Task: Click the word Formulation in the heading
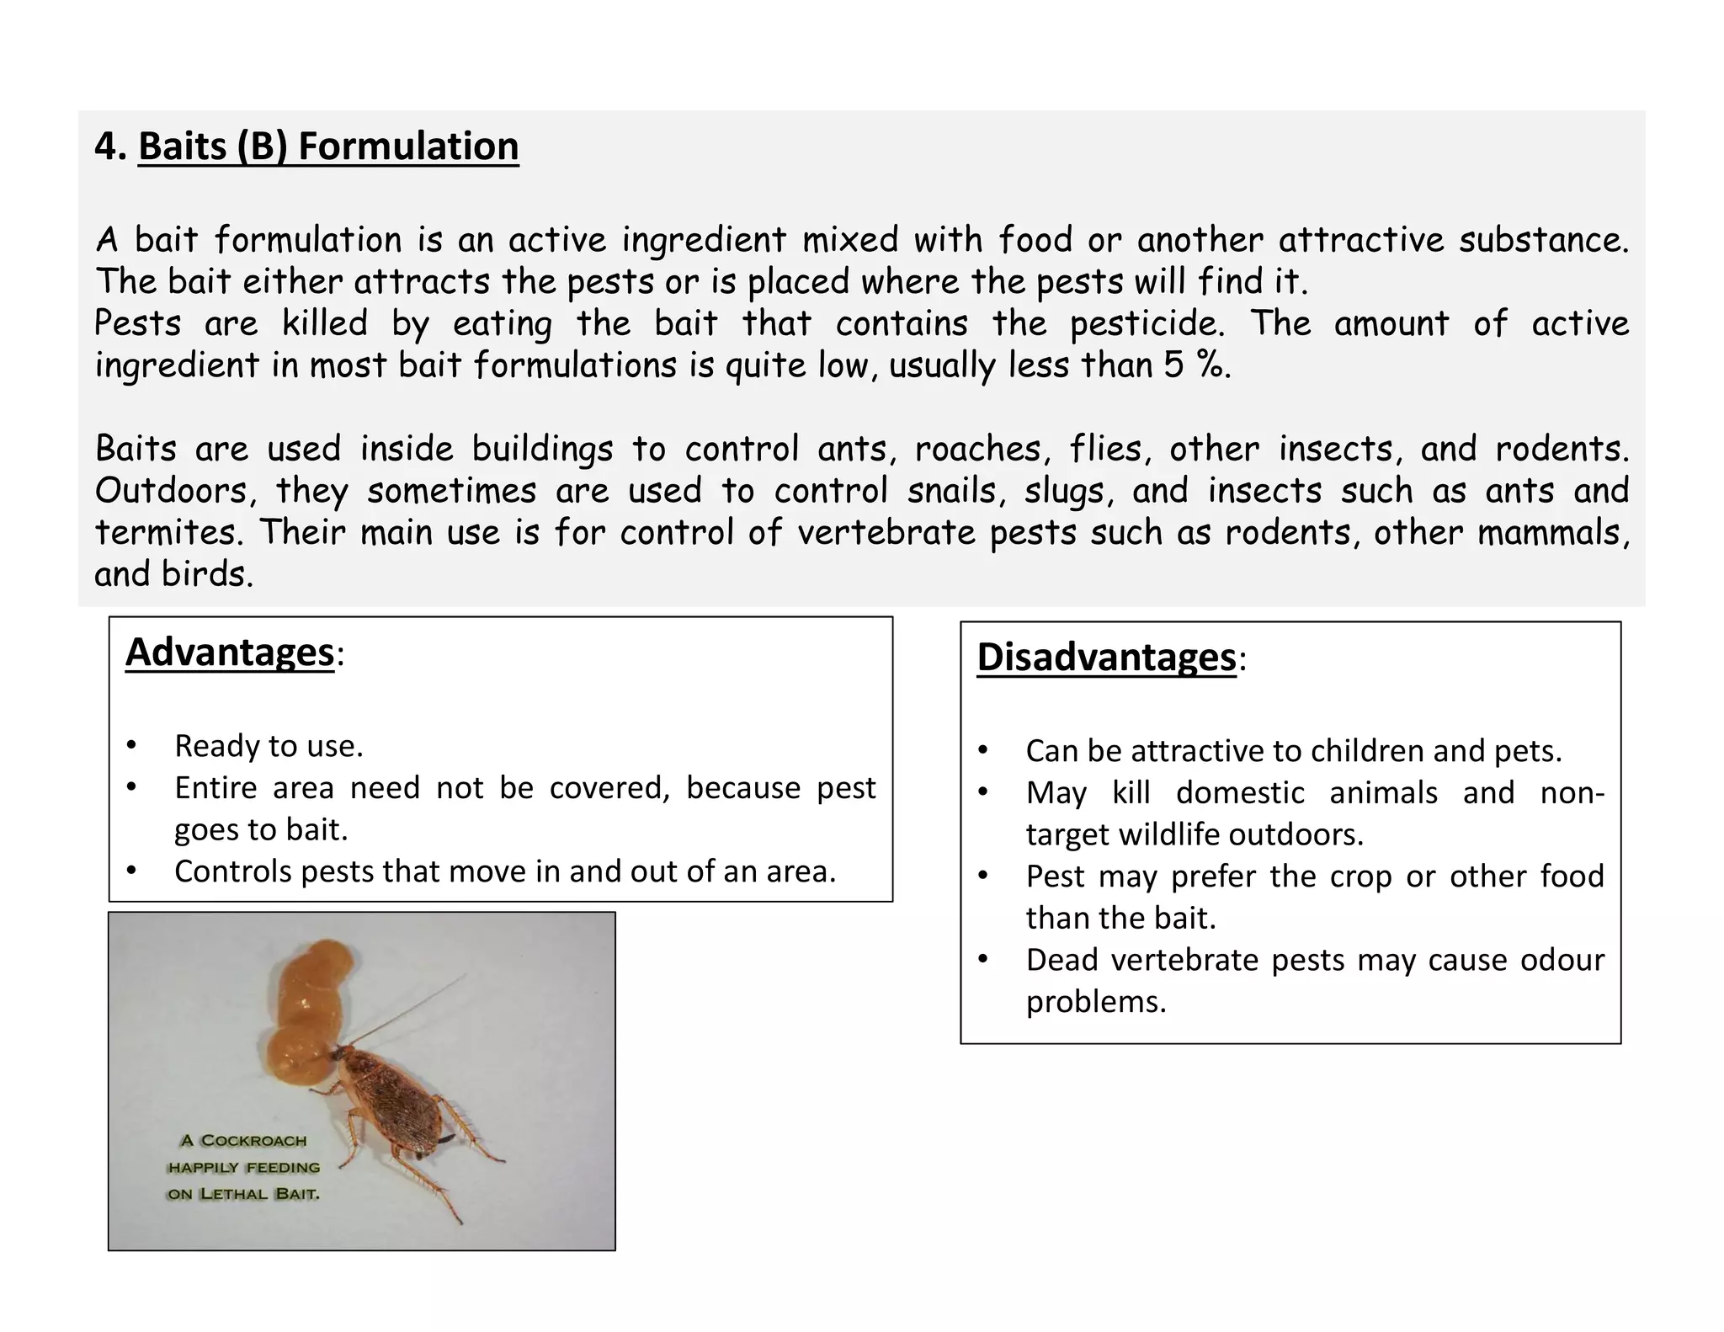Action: pyautogui.click(x=408, y=147)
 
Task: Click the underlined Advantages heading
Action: pyautogui.click(x=230, y=653)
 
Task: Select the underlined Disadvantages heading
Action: pyautogui.click(x=1106, y=658)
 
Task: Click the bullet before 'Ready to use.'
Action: pyautogui.click(x=130, y=747)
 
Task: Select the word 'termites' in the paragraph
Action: pyautogui.click(x=167, y=533)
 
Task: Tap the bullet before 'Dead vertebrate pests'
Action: pyautogui.click(x=982, y=961)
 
